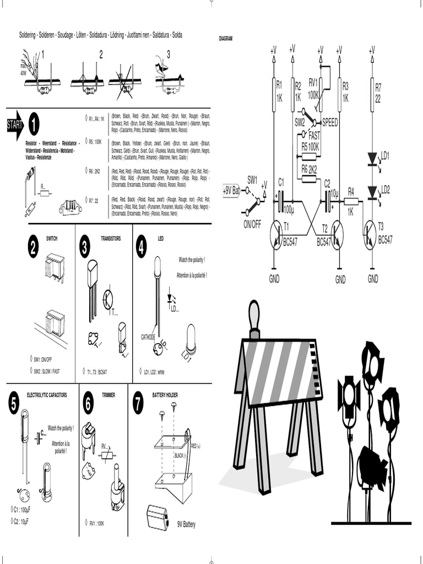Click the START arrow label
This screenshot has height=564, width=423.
[14, 125]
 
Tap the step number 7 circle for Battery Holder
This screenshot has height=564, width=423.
[138, 403]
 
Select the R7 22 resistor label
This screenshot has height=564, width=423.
[378, 93]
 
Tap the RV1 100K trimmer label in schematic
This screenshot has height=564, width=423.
[314, 88]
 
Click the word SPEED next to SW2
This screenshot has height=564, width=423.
[330, 123]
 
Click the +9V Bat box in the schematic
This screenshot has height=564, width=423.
[231, 191]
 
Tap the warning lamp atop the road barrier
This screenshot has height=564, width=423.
[254, 316]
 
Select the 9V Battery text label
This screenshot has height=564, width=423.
[186, 524]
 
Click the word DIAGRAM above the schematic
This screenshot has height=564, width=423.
[226, 39]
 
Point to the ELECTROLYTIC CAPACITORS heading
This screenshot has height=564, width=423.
[47, 395]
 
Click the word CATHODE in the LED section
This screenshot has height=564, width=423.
[148, 337]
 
